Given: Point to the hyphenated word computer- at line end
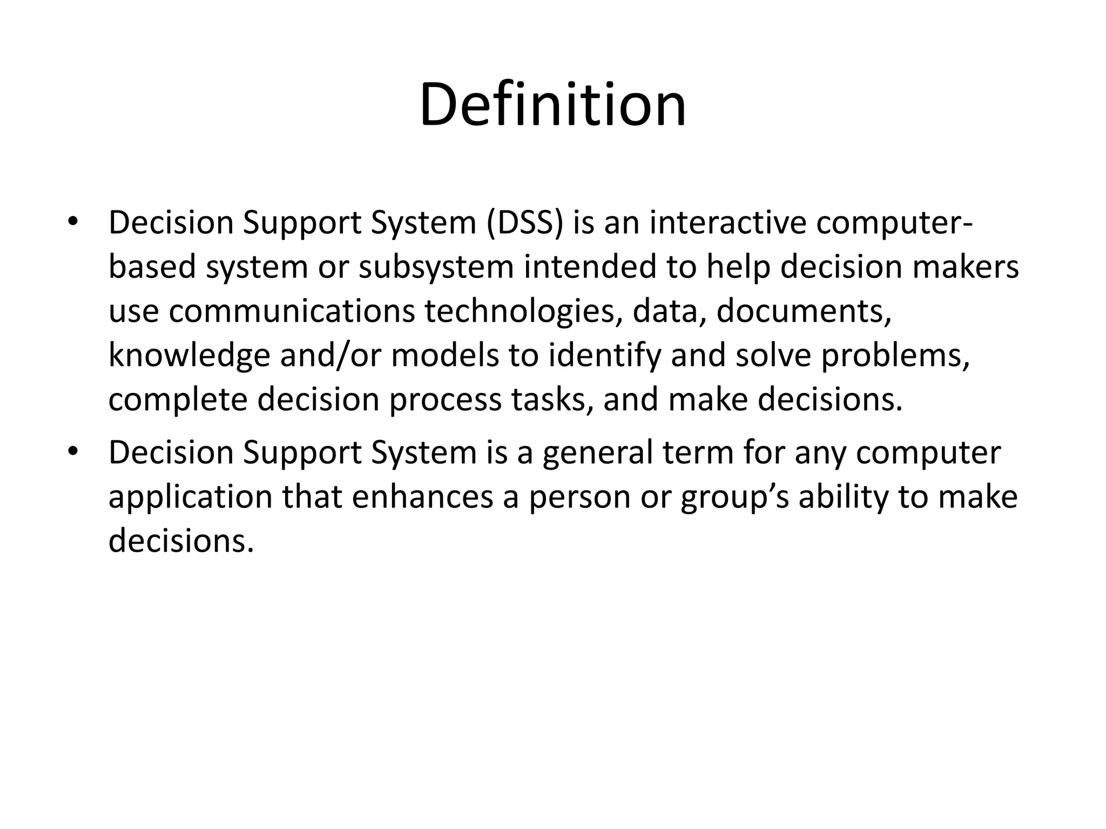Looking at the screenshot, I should [893, 223].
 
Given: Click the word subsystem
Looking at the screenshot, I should [436, 267].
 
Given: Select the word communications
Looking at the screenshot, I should [292, 312].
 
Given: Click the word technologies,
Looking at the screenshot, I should [522, 313].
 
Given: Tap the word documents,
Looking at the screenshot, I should [804, 312].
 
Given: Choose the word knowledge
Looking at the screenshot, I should [189, 357].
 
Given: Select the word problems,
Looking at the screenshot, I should [895, 357].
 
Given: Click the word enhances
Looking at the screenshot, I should [423, 497].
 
